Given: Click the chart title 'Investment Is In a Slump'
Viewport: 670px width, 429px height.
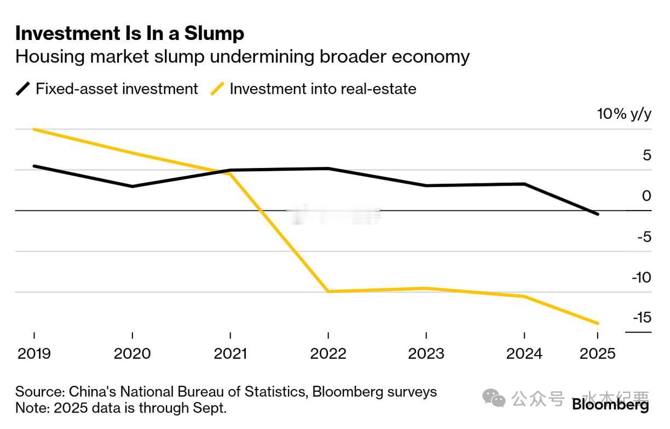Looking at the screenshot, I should [130, 33].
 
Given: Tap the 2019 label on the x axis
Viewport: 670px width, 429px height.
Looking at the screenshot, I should [34, 353].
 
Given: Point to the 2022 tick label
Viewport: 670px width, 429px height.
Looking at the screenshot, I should [328, 353].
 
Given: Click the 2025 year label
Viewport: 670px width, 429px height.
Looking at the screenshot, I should [597, 353].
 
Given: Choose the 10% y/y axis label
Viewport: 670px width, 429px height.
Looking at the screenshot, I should [624, 114].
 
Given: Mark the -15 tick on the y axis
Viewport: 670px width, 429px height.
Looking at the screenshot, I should [642, 317].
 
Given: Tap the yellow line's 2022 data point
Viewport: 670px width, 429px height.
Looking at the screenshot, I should [328, 291].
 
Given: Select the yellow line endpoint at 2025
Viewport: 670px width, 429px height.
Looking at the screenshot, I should [597, 323].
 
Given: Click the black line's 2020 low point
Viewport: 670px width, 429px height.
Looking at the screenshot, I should [132, 187].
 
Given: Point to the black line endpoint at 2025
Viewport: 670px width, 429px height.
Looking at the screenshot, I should [597, 214].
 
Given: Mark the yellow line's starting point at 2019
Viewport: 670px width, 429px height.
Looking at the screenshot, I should [34, 129].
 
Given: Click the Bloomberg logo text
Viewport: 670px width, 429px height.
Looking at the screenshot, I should [610, 405].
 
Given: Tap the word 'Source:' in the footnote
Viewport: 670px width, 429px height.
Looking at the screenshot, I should [38, 392].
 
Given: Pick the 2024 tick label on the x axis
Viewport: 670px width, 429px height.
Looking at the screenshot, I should [524, 353].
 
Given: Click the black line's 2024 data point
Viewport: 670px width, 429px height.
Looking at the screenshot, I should [524, 184].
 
